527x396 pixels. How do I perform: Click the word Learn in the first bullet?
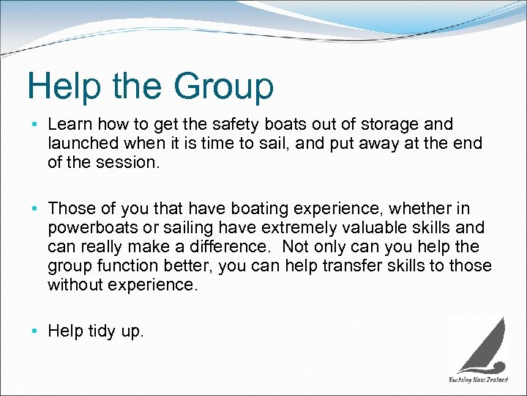69,125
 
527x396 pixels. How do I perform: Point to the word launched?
80,144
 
